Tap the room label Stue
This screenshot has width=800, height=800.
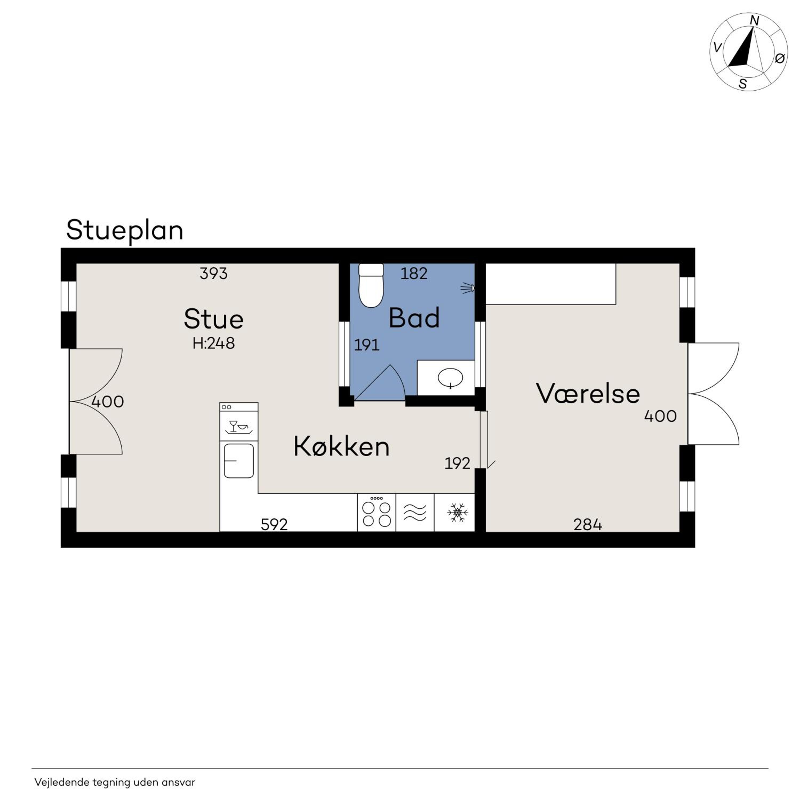coord(213,319)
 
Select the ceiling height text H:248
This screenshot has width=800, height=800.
coord(213,343)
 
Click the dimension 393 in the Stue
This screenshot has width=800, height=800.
coord(213,274)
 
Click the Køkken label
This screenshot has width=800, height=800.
coord(341,447)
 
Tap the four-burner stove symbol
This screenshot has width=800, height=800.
coord(376,513)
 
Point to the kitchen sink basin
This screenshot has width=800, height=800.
coord(238,461)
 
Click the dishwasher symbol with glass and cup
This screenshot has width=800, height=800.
coord(238,426)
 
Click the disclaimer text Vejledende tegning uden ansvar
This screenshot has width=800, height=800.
coord(115,782)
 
